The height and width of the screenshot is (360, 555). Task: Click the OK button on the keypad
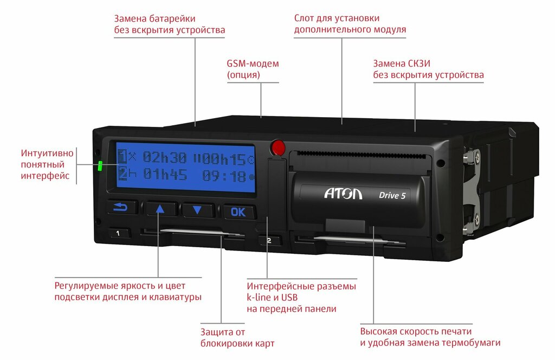(x=238, y=212)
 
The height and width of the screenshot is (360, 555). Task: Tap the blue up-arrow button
(x=160, y=209)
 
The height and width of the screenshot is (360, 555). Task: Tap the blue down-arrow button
(x=198, y=210)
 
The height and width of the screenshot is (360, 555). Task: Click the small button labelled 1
(x=120, y=234)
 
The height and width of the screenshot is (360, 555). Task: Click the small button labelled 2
(x=269, y=240)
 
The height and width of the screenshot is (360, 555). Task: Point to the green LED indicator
(x=100, y=166)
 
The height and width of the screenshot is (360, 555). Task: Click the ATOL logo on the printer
(x=343, y=194)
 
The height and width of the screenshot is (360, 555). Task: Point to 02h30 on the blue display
(x=165, y=158)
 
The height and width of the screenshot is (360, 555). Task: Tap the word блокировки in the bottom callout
(x=237, y=343)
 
